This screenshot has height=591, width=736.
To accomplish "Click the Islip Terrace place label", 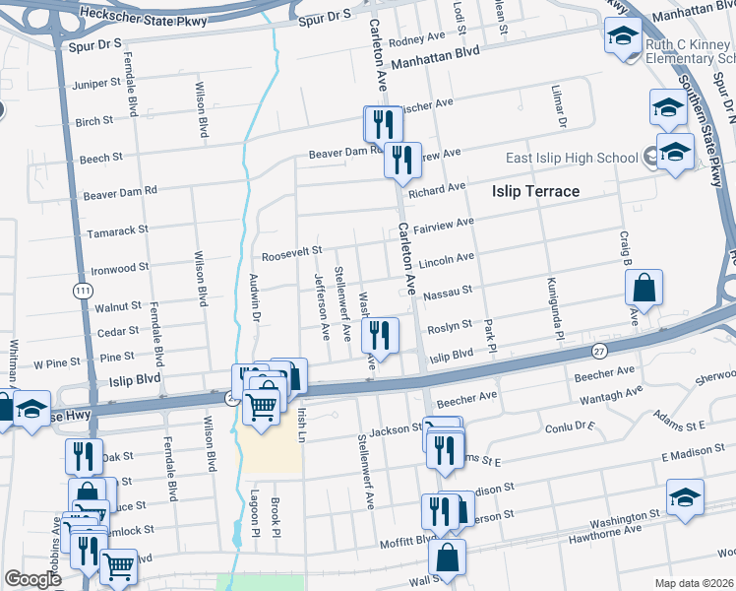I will click(x=535, y=191).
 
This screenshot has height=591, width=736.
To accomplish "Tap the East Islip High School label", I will click(x=572, y=158).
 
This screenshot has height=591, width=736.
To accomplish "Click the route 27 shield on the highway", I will click(x=599, y=351).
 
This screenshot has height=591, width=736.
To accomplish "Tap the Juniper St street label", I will click(x=96, y=84).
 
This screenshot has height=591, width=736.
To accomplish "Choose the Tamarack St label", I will click(x=116, y=229).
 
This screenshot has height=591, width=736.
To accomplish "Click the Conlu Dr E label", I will click(x=572, y=427).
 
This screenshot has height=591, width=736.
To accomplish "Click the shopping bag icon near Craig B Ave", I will click(x=644, y=289).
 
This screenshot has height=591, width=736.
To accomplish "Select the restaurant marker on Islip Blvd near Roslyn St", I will click(x=379, y=336).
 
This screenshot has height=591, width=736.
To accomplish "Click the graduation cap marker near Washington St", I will click(x=685, y=497).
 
